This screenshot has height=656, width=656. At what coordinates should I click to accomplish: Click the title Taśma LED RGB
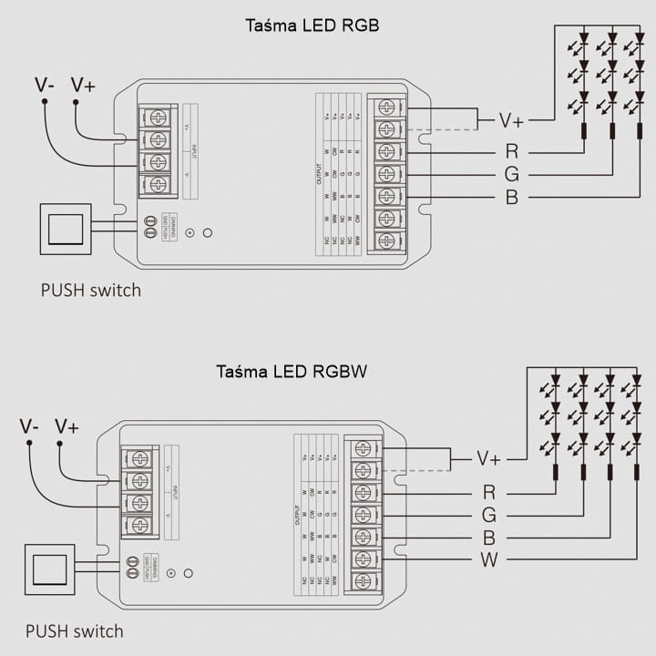click(313, 26)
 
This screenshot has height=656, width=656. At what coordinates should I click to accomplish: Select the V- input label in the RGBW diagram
click(29, 426)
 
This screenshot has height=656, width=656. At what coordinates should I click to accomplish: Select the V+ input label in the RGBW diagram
click(67, 426)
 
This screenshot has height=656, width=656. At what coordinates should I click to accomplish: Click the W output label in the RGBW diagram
click(489, 559)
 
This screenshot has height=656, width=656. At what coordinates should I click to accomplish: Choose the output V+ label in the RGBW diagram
click(489, 459)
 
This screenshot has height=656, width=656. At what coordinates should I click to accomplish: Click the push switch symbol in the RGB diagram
click(66, 228)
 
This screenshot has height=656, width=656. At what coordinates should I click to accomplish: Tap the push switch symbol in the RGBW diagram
click(50, 569)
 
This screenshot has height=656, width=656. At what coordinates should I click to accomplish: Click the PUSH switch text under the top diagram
click(91, 291)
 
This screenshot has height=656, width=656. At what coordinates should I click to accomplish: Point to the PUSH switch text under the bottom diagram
click(75, 630)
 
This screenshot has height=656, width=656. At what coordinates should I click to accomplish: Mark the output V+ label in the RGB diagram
click(511, 120)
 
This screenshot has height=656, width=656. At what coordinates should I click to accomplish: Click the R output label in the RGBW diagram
click(489, 492)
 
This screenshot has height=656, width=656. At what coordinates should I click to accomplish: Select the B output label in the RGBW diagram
click(489, 537)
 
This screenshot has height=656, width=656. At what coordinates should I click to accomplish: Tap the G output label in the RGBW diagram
click(489, 515)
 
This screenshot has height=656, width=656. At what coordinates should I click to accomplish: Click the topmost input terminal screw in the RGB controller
click(159, 118)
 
